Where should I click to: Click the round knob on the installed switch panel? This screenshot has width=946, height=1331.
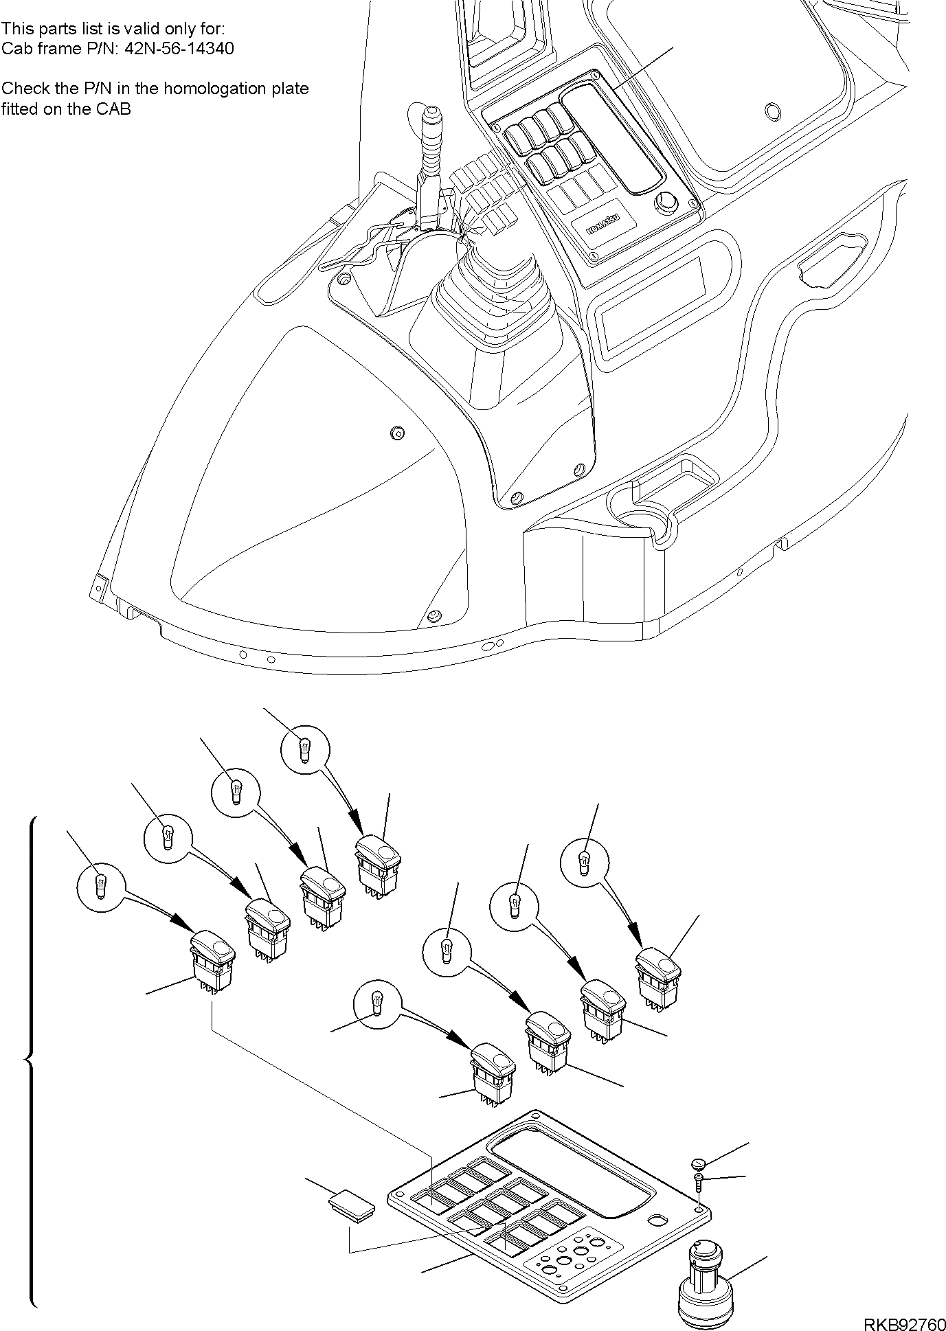(666, 203)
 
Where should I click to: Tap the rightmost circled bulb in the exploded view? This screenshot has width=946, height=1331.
(585, 859)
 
